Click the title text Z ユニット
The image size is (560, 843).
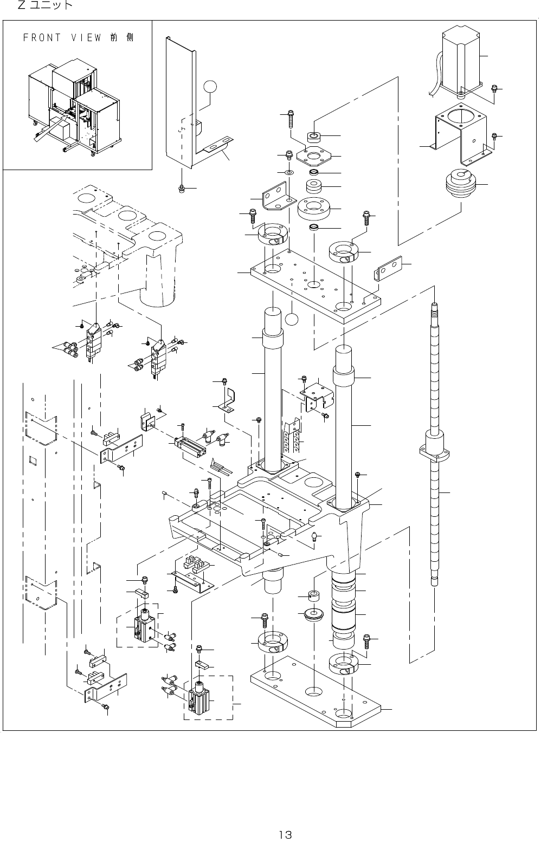coord(46,6)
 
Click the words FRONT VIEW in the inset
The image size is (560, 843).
coord(62,38)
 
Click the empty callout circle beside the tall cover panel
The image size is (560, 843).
coord(211,87)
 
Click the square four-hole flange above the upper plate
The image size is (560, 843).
coord(312,156)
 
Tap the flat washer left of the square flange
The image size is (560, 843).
coord(288,172)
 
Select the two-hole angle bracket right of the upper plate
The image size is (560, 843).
coord(389,268)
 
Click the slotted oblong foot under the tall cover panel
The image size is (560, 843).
coord(217,145)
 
